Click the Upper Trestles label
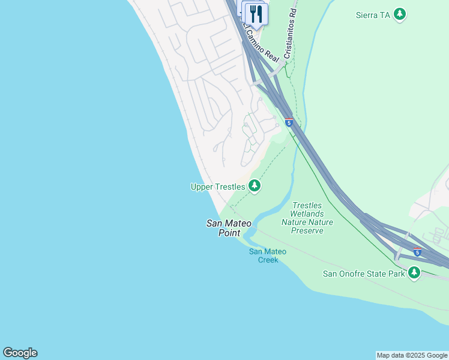coord(217,187)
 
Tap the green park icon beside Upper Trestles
coord(255,186)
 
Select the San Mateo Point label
coord(229,228)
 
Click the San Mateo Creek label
coord(268,256)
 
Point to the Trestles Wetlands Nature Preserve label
coord(307,218)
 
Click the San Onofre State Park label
coord(364,274)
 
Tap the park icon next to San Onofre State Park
coord(414,273)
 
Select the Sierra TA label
coord(373,15)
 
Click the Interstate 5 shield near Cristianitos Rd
coord(289,123)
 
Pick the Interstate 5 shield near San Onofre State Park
coord(417,253)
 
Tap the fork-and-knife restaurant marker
coord(256,14)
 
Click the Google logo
coord(20,353)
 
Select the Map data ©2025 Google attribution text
coord(412,355)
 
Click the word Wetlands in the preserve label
coord(307,214)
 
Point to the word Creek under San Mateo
coord(268,260)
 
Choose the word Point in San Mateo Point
coord(229,233)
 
